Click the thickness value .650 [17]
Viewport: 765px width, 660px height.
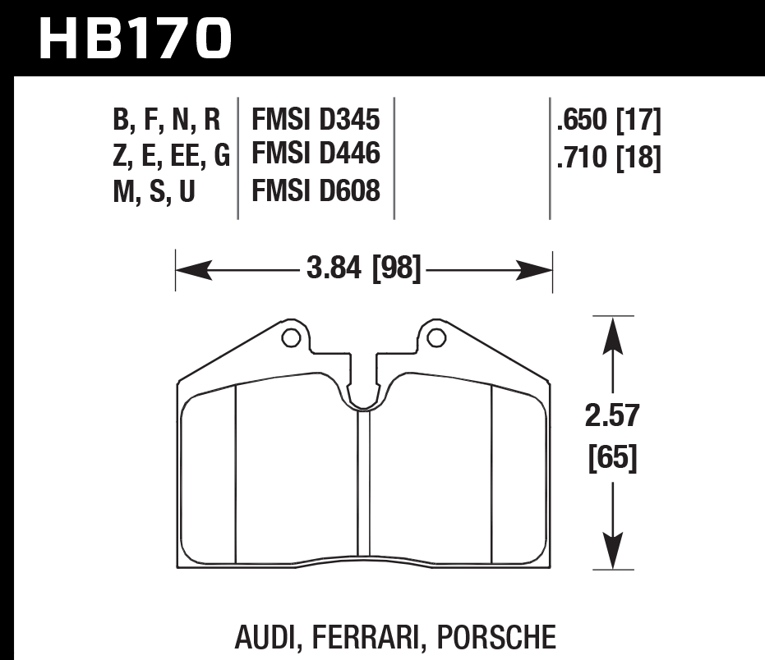tap(609, 121)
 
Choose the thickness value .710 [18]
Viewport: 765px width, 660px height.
tap(609, 156)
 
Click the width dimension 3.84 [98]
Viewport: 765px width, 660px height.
tap(362, 268)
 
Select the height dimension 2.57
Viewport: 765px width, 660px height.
tap(612, 416)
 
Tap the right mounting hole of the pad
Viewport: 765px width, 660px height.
tap(436, 337)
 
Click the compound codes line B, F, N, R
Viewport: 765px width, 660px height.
tap(167, 121)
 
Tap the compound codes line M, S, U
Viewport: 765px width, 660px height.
tap(154, 191)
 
